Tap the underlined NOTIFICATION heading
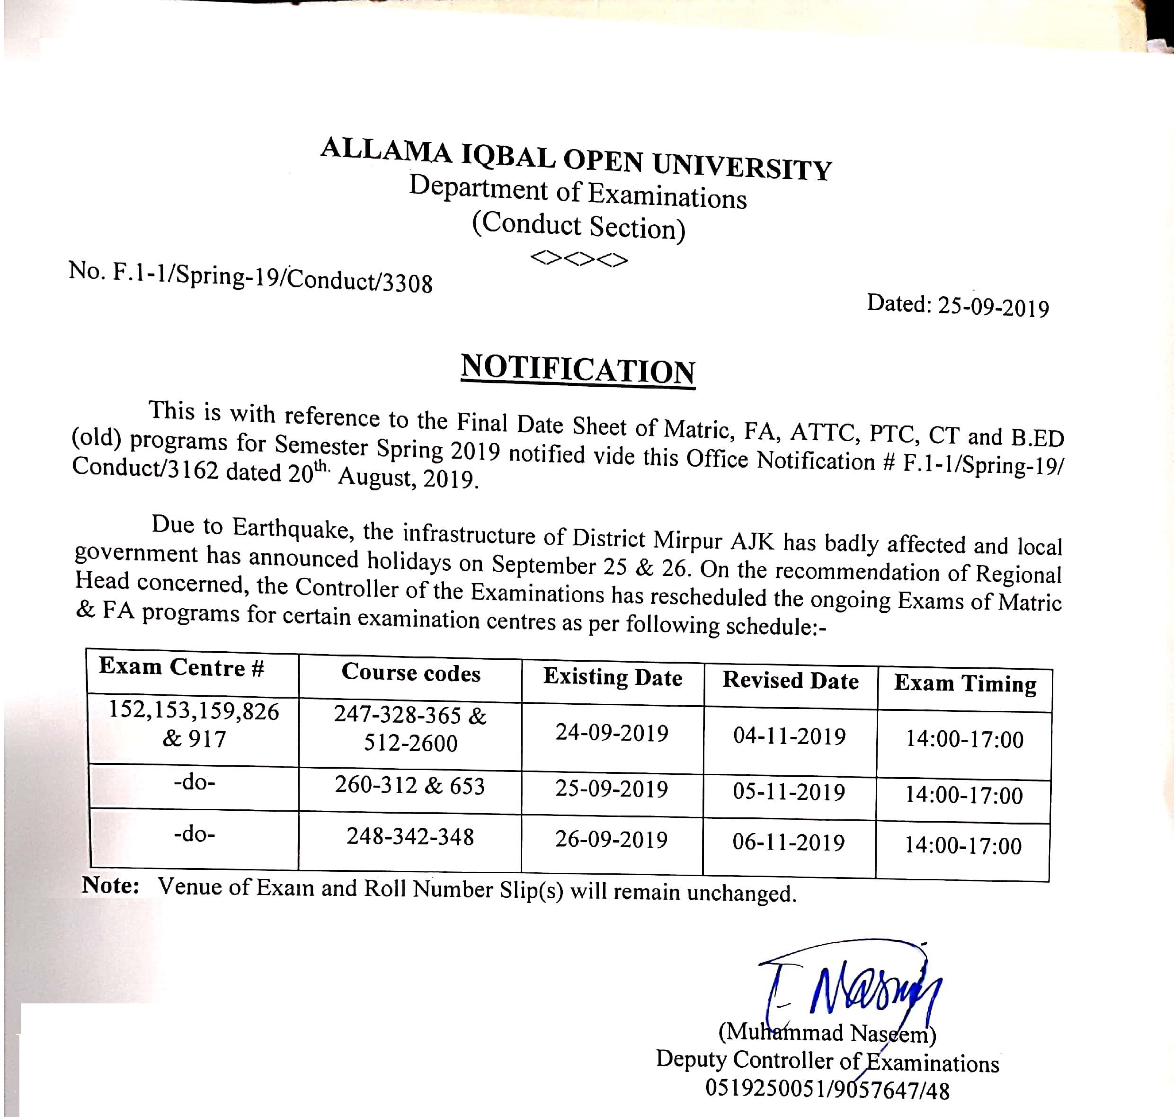[578, 370]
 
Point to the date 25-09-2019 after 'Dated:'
[993, 307]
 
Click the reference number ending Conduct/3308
[250, 277]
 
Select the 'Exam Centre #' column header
[182, 667]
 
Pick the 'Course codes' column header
[410, 673]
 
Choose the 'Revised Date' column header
[791, 681]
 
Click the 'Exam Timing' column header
[965, 684]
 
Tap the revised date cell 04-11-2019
[789, 736]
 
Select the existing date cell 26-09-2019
[611, 840]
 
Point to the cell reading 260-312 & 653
[410, 786]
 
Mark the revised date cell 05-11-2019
[789, 792]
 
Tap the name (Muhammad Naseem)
[827, 1033]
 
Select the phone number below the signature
[827, 1089]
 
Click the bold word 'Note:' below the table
[111, 886]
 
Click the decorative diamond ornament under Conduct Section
[578, 259]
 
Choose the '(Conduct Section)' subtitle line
[578, 226]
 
